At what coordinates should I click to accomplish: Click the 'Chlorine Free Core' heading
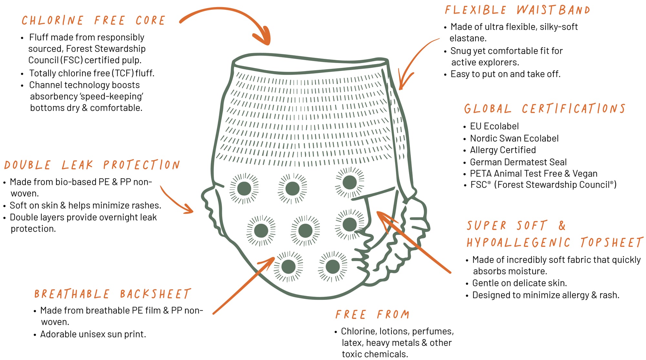click(x=93, y=21)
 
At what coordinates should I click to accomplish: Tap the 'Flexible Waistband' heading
click(x=517, y=10)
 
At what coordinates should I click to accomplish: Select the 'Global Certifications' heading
click(x=545, y=109)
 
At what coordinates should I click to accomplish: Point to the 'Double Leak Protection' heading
click(x=92, y=165)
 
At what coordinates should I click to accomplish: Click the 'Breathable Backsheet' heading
click(x=112, y=294)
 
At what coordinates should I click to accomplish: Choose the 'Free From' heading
click(x=372, y=314)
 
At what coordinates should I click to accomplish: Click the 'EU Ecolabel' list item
click(x=494, y=126)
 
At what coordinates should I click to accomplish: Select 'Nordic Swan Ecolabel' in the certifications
click(x=514, y=139)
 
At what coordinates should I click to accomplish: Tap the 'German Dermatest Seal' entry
click(x=518, y=162)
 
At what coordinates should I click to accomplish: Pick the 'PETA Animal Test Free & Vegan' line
click(x=533, y=174)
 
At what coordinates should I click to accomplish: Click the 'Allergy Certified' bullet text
click(x=503, y=150)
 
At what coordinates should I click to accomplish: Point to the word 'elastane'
click(x=468, y=38)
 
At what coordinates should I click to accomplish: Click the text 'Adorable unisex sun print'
click(x=93, y=334)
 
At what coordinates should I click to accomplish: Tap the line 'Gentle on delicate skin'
click(x=519, y=283)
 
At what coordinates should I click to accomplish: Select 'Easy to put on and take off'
click(x=505, y=74)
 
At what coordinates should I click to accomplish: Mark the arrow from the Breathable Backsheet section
click(x=244, y=285)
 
